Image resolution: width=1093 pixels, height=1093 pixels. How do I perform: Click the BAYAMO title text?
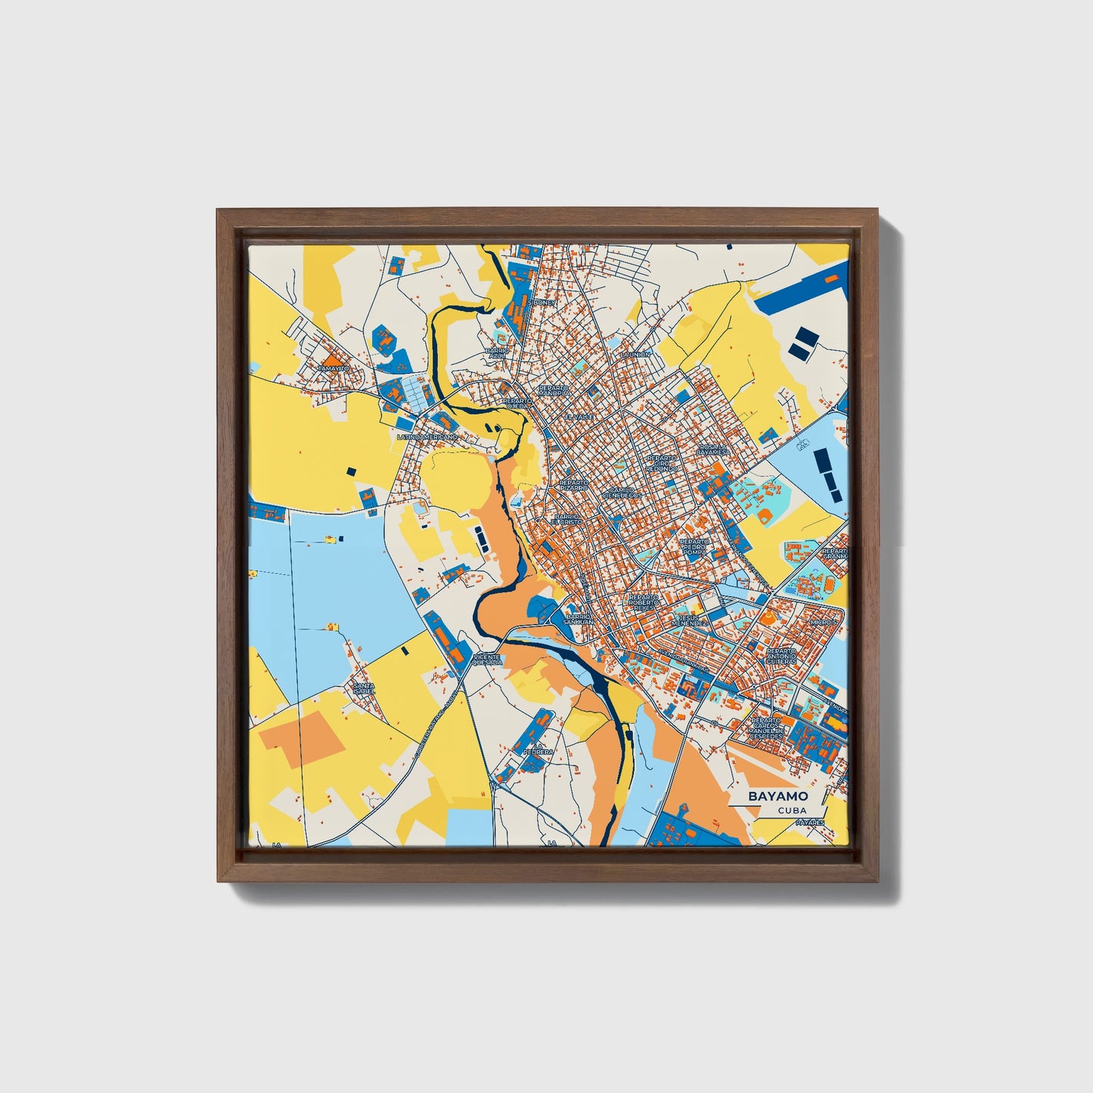(778, 796)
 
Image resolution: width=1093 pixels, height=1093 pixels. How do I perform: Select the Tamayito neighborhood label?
(334, 368)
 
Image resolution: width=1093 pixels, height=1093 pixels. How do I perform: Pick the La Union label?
(635, 354)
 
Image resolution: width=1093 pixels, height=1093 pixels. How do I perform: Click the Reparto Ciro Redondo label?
(663, 463)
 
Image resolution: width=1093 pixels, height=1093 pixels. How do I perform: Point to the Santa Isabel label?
(364, 688)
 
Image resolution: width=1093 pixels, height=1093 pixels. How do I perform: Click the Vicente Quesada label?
(486, 660)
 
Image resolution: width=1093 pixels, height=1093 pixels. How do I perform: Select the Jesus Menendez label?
(691, 619)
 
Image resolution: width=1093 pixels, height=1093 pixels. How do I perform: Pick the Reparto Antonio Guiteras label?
(781, 655)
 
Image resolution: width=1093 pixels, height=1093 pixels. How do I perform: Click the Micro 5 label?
(823, 622)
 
